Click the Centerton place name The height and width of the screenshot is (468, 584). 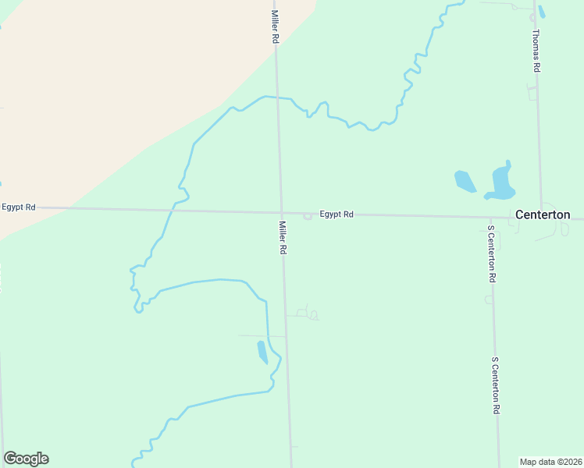click(x=542, y=214)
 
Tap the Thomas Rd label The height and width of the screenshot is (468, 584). click(x=536, y=51)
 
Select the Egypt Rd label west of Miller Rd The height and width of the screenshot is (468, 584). click(x=19, y=207)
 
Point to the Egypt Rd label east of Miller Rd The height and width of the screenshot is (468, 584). click(x=337, y=214)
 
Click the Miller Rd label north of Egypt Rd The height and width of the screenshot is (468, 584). click(x=275, y=27)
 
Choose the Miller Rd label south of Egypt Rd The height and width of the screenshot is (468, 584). click(x=283, y=238)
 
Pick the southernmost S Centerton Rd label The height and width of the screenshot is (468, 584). click(x=496, y=385)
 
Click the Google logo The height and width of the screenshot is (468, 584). click(x=26, y=459)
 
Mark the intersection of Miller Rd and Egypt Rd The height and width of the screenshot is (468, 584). click(x=281, y=212)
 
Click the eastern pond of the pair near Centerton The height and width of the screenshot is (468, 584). click(x=500, y=183)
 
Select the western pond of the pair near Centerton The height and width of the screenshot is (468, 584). click(x=465, y=182)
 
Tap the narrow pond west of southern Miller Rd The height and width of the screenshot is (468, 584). click(x=262, y=352)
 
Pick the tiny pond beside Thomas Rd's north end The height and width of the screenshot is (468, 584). click(x=542, y=12)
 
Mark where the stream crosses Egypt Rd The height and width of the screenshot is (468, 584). click(x=172, y=210)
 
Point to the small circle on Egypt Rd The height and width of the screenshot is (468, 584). click(x=308, y=217)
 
